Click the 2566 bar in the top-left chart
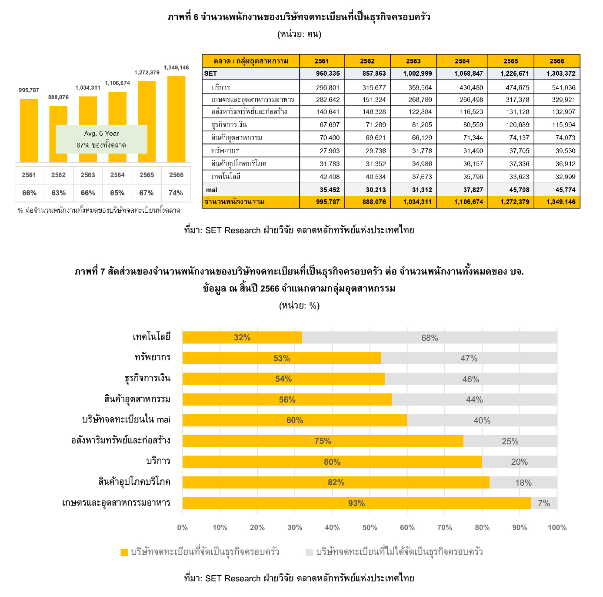176,119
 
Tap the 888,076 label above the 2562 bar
58,97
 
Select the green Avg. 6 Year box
101,139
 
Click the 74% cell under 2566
176,193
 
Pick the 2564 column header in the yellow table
462,61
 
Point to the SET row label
210,74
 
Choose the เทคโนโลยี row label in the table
226,176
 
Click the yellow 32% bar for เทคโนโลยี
242,337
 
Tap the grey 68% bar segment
430,337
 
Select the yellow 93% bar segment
356,503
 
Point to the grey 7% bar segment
544,503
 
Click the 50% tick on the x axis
370,527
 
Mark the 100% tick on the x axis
557,527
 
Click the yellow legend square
124,552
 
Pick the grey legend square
309,552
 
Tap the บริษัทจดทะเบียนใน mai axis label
127,420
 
